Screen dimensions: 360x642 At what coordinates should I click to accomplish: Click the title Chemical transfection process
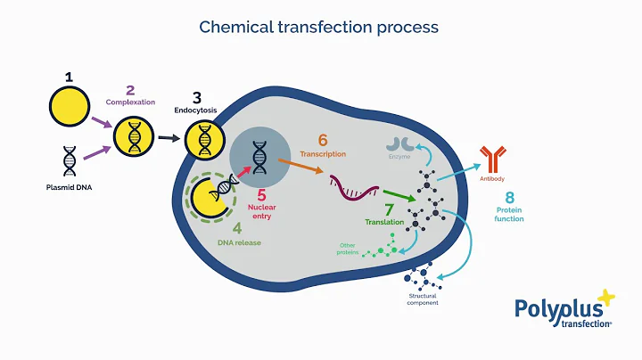click(x=319, y=27)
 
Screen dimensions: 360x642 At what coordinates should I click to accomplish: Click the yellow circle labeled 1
click(x=69, y=106)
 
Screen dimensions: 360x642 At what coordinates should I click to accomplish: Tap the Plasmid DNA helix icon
click(x=70, y=161)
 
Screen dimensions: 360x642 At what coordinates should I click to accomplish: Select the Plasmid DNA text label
click(x=69, y=188)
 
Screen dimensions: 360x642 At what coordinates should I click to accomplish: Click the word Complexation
click(x=130, y=102)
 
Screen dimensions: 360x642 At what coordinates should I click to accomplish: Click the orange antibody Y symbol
click(x=493, y=159)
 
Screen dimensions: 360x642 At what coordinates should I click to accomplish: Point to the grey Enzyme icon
click(x=399, y=144)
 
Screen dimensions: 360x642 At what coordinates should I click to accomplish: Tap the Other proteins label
click(x=347, y=249)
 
